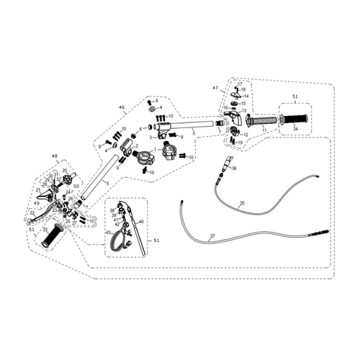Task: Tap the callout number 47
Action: tap(215, 88)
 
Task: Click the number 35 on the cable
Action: tap(242, 204)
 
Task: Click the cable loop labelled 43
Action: tap(115, 240)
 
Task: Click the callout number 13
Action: tap(244, 111)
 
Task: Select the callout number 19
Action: tap(240, 143)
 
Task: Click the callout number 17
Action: tap(240, 84)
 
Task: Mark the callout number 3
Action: tap(150, 136)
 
